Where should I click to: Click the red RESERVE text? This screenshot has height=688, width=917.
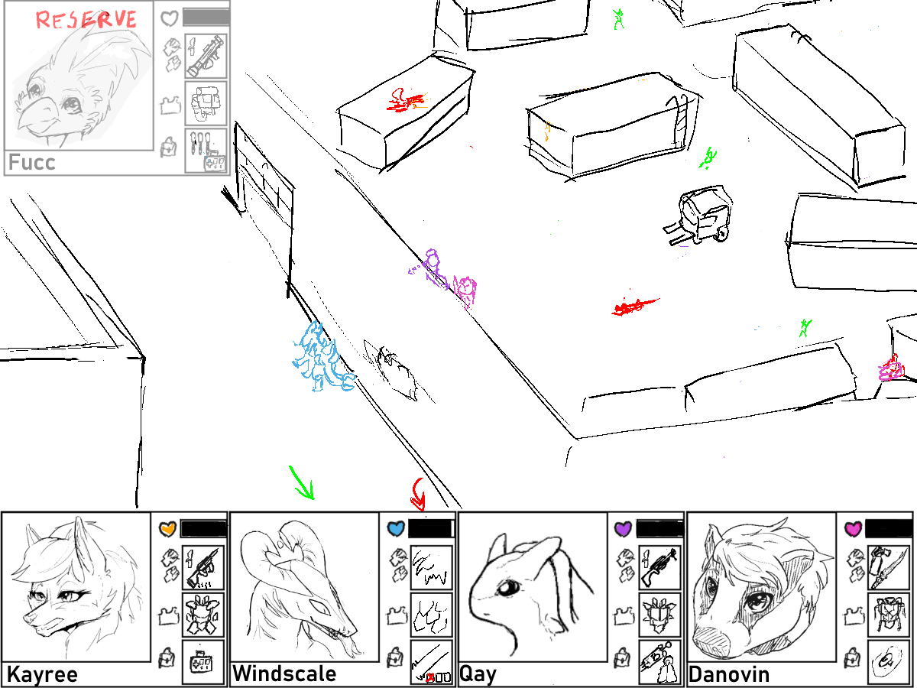pyautogui.click(x=86, y=20)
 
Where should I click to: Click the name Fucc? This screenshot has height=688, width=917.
pyautogui.click(x=32, y=162)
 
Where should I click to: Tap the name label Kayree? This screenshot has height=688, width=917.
pyautogui.click(x=42, y=674)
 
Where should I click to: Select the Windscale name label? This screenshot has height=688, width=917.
pyautogui.click(x=284, y=673)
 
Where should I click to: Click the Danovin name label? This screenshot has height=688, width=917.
pyautogui.click(x=729, y=674)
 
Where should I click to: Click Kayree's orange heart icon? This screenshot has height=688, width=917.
pyautogui.click(x=167, y=529)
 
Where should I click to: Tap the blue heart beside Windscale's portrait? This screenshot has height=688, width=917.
pyautogui.click(x=396, y=529)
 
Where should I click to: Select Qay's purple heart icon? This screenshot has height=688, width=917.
pyautogui.click(x=623, y=529)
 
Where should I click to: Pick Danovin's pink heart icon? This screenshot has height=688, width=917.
pyautogui.click(x=853, y=529)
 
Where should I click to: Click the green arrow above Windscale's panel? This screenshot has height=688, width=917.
pyautogui.click(x=302, y=482)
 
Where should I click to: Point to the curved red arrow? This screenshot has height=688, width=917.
pyautogui.click(x=418, y=494)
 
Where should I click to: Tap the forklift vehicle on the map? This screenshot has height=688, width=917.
pyautogui.click(x=700, y=216)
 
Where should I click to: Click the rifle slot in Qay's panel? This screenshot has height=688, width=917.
pyautogui.click(x=659, y=567)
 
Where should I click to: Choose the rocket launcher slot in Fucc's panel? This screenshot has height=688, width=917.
pyautogui.click(x=206, y=57)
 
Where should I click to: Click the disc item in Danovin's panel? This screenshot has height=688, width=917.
pyautogui.click(x=889, y=662)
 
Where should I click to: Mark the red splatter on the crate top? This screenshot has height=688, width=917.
pyautogui.click(x=407, y=101)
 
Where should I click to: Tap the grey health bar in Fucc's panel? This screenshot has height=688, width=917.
pyautogui.click(x=206, y=18)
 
